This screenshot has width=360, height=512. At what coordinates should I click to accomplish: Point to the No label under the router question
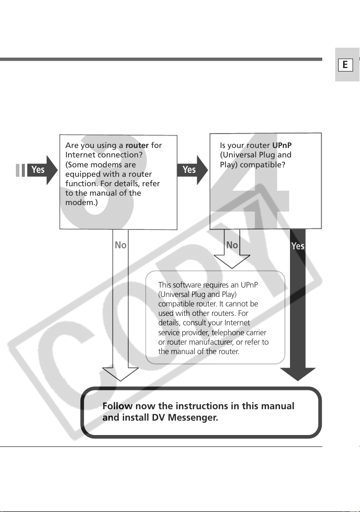click(121, 245)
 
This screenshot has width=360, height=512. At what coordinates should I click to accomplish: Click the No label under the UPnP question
click(232, 245)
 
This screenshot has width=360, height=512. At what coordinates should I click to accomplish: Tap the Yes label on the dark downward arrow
click(298, 246)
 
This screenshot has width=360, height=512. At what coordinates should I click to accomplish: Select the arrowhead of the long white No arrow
click(120, 374)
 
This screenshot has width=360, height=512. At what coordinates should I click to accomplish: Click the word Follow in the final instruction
click(117, 406)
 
